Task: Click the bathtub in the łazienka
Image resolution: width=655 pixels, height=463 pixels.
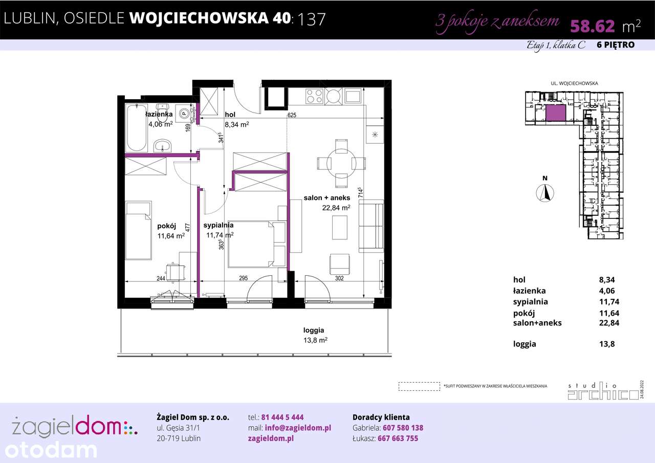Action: tap(136, 128)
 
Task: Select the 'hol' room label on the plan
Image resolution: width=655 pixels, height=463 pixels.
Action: tap(230, 115)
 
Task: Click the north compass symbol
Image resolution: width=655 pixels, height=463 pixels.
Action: tap(546, 193)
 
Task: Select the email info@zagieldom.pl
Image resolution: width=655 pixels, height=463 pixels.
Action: tap(296, 428)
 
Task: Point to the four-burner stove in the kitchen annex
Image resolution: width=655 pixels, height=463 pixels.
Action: tap(313, 96)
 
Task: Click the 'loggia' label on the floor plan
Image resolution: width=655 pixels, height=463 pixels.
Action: tap(313, 330)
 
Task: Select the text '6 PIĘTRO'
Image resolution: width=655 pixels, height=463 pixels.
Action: tap(616, 45)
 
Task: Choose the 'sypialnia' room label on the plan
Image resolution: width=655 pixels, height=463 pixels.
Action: tap(219, 225)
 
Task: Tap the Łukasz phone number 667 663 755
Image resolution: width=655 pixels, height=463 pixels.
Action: tap(398, 438)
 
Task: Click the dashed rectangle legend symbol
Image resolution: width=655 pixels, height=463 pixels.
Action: tap(419, 386)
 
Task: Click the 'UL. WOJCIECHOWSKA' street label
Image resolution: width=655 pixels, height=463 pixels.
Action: tap(574, 83)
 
